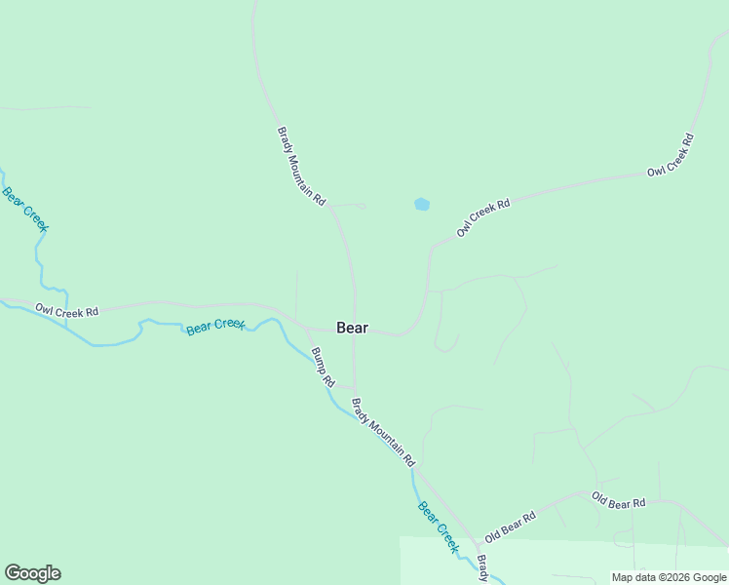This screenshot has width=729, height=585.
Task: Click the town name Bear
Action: pos(352,328)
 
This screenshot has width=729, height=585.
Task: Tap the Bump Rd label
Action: pos(323,367)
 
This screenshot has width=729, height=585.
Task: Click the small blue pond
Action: pos(422,205)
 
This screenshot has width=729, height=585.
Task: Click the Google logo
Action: pos(32,573)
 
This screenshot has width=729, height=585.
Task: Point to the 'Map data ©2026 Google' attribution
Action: pos(669,577)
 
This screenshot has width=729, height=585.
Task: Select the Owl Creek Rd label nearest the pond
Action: pos(483,218)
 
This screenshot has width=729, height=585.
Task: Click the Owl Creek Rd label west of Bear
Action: pos(67,311)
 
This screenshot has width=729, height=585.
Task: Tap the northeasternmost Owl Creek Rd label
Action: pos(671,155)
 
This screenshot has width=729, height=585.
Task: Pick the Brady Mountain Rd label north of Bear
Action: pos(301,166)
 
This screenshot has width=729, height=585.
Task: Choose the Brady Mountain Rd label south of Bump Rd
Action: pos(384,430)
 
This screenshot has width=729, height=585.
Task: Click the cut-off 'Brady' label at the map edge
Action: pos(482,568)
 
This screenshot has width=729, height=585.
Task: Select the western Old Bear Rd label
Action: pos(511,527)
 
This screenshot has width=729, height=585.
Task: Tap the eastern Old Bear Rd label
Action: pos(619,501)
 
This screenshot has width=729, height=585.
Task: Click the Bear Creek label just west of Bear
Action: pos(215,326)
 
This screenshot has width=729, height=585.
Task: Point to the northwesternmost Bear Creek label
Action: pos(25,209)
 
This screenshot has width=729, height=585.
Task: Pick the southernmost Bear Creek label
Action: pos(438,526)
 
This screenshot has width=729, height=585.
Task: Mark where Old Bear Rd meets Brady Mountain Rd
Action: pos(477,543)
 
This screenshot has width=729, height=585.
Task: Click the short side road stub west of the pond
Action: pos(349,206)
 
